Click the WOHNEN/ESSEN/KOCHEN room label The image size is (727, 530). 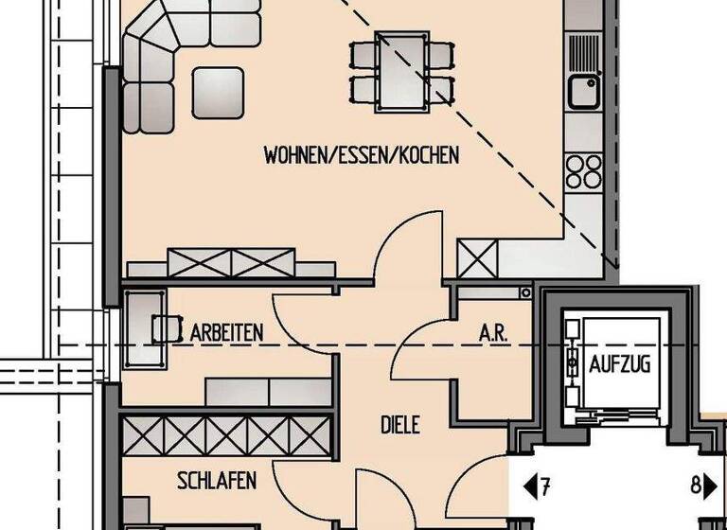362,154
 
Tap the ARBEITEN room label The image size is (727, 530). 226,332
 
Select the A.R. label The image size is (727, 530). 492,333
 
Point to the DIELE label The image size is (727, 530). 400,425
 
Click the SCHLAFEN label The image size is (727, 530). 217,482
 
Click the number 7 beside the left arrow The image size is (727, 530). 545,487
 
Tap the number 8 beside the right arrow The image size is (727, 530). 696,487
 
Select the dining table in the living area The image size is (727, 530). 402,71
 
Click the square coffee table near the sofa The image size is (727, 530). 219,92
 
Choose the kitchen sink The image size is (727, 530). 583,91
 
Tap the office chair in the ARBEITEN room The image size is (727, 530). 168,327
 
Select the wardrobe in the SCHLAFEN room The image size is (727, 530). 228,434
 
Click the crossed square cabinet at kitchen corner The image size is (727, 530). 477,257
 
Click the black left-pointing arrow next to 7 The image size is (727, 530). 531,487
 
